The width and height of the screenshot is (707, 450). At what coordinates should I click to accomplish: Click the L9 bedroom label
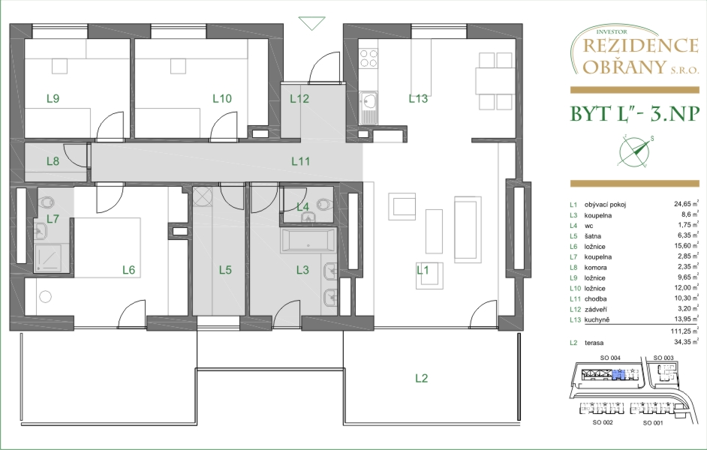click(53, 98)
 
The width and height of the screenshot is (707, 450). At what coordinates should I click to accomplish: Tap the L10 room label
click(222, 98)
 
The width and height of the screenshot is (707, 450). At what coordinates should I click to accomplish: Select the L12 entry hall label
click(299, 98)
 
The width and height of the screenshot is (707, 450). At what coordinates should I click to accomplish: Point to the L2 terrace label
click(421, 379)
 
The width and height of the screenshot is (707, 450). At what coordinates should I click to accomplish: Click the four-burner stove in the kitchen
click(369, 58)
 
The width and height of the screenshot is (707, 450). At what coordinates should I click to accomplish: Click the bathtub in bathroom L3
click(308, 240)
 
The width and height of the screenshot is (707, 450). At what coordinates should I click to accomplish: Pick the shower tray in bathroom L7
click(51, 259)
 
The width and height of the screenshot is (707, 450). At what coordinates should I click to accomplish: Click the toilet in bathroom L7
click(46, 202)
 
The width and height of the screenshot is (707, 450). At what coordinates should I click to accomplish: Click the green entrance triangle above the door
click(311, 23)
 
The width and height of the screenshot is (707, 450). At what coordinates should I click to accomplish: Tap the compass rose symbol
click(635, 151)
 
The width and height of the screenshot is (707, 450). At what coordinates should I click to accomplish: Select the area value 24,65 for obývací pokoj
click(682, 204)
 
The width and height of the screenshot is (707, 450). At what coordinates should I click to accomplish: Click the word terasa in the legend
click(594, 343)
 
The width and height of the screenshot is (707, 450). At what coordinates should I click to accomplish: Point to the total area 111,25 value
click(681, 331)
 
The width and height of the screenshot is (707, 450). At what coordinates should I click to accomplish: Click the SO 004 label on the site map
click(610, 358)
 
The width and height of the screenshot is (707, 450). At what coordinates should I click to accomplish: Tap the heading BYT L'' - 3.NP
click(635, 115)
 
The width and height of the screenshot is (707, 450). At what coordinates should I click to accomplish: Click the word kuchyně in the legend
click(597, 319)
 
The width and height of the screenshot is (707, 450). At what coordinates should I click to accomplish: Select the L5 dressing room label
click(225, 270)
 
